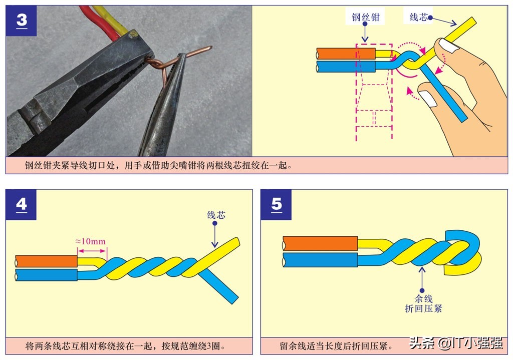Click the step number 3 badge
[x=21, y=21]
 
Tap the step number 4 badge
[x=21, y=204]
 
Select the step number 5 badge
[x=276, y=204]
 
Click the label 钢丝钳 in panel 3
[x=365, y=18]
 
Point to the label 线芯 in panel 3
[x=419, y=17]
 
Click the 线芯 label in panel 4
[x=216, y=215]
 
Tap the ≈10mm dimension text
[x=91, y=241]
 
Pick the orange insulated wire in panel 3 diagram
[x=346, y=53]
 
